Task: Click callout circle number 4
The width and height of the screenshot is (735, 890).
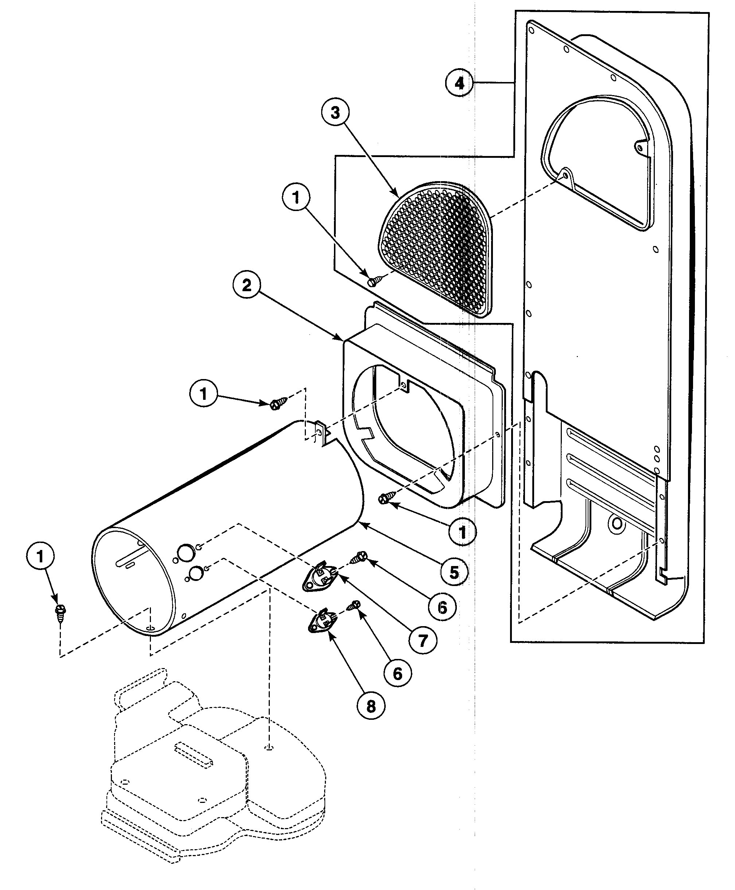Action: [459, 83]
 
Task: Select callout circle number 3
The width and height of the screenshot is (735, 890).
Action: [335, 113]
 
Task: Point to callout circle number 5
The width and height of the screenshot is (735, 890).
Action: [454, 573]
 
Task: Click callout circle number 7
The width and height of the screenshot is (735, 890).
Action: [423, 640]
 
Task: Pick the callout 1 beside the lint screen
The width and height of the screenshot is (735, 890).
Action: [296, 197]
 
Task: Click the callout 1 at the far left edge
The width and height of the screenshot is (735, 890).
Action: [40, 557]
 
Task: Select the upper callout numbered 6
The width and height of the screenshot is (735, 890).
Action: [442, 608]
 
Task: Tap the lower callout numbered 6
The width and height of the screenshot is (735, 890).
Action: [397, 673]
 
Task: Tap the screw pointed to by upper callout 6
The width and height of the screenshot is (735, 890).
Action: [360, 557]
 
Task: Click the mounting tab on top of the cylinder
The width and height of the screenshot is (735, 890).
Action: [323, 433]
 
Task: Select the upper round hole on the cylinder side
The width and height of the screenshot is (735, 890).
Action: [184, 552]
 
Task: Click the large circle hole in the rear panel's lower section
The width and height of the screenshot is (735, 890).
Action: [617, 524]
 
